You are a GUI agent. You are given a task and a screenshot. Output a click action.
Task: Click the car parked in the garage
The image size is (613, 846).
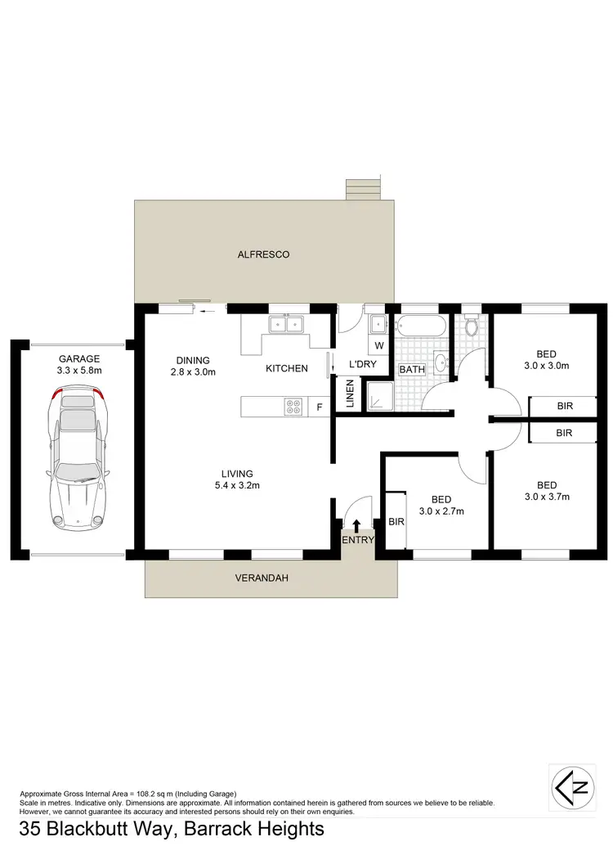(x=78, y=458)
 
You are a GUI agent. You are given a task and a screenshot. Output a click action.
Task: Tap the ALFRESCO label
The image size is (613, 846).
(x=263, y=255)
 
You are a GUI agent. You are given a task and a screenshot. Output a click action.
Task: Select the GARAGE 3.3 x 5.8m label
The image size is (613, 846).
(x=78, y=365)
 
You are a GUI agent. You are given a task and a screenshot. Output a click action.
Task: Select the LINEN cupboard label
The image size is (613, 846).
(x=350, y=394)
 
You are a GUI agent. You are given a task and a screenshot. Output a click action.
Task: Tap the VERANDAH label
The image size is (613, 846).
(x=263, y=578)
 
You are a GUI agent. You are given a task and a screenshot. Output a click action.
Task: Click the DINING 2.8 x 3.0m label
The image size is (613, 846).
(x=193, y=366)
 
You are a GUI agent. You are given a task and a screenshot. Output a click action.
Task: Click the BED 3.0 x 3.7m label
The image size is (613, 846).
(x=547, y=490)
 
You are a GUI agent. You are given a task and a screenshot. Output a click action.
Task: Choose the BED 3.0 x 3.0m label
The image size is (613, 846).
(x=547, y=361)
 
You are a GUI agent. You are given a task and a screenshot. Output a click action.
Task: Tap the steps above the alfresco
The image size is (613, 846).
(x=362, y=190)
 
